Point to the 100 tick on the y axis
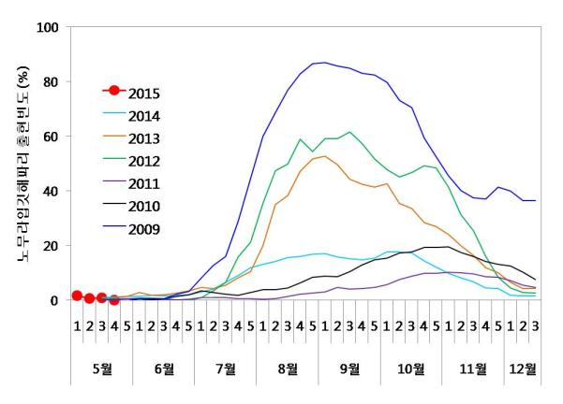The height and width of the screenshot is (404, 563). [47, 27]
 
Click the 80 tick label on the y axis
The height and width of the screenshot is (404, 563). [51, 82]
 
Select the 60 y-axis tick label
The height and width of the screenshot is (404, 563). [51, 137]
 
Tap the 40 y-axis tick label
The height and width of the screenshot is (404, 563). [51, 192]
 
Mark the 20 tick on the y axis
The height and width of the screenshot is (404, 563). [51, 246]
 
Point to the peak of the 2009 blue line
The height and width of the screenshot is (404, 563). [324, 63]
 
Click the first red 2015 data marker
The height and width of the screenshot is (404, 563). [77, 296]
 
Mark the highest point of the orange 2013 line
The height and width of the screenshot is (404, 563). [324, 156]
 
